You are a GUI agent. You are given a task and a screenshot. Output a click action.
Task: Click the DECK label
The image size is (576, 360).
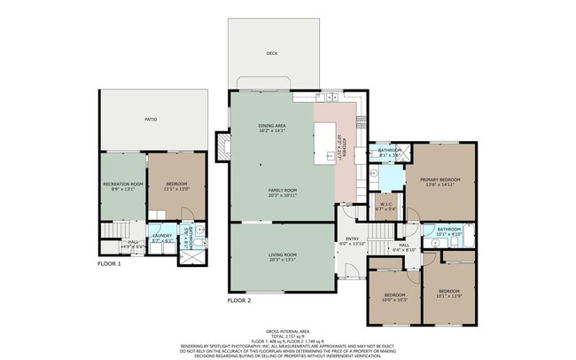point(272,53)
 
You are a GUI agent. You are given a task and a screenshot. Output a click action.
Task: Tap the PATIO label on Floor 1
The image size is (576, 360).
point(152,119)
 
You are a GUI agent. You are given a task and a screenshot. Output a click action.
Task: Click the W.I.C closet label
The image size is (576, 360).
point(386,207)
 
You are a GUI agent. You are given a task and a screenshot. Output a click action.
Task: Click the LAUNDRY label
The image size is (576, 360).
point(161,237)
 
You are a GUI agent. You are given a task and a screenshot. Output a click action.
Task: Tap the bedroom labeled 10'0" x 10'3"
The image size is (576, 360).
point(394,296)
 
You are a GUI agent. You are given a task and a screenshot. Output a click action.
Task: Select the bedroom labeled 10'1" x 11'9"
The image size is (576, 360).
point(448,293)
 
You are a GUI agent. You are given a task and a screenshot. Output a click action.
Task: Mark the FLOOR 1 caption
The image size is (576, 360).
point(109,263)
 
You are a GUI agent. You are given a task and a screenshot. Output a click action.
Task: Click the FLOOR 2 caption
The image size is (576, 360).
point(239,301)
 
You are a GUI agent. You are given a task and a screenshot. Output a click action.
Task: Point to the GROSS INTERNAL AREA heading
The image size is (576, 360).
point(289,331)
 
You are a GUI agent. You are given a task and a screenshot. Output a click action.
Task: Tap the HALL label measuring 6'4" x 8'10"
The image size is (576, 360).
point(403,247)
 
